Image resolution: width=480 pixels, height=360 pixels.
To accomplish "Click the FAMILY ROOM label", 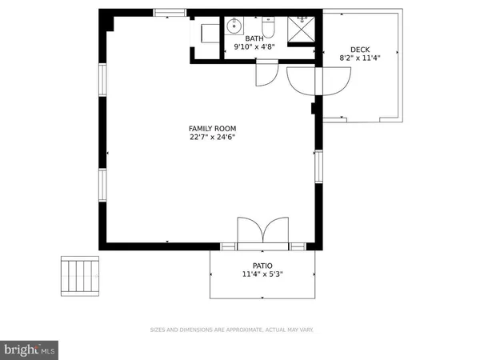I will [212, 128].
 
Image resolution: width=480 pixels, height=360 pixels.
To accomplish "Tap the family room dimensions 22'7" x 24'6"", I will [212, 137].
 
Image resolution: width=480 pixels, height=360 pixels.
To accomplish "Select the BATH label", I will [254, 38].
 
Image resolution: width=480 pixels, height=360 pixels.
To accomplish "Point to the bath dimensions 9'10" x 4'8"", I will [254, 47].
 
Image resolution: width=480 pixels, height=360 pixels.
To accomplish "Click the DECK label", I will [359, 49].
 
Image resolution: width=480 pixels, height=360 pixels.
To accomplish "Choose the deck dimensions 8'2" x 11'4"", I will [359, 58].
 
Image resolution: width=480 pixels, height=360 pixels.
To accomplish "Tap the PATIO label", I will [263, 266].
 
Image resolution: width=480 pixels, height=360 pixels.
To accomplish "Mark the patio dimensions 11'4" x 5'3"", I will [263, 274].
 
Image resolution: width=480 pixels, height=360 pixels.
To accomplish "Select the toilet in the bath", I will [270, 28].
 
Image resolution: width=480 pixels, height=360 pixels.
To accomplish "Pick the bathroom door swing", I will [265, 74].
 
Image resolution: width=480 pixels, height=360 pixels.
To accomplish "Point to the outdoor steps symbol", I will [79, 275].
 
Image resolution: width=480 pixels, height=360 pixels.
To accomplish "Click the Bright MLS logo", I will [30, 349].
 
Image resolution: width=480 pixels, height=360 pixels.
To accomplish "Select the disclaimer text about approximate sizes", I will [232, 330].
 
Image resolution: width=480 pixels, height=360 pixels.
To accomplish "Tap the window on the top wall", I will [170, 12].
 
